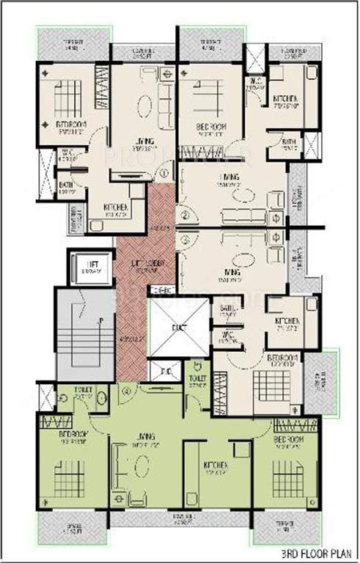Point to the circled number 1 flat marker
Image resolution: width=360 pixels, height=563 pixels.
tap(164, 174)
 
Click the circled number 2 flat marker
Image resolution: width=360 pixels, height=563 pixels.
tap(185, 215)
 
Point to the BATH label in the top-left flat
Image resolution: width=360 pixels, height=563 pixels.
tap(66, 185)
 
